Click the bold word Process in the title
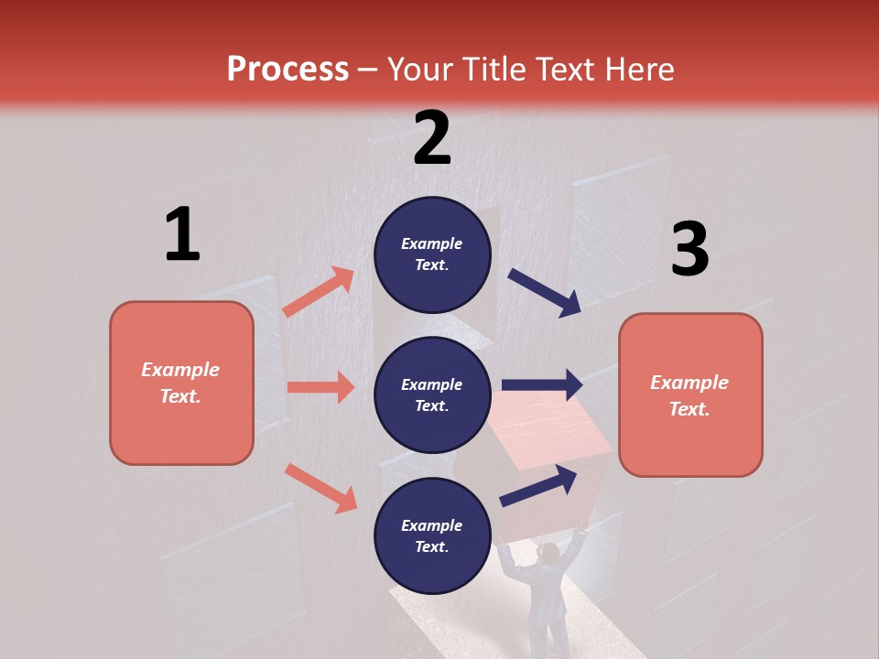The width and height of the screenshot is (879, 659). [x=288, y=69]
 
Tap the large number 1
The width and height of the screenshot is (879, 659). [x=182, y=234]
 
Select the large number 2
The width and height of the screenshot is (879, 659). [x=432, y=138]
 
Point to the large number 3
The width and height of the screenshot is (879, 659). [x=689, y=249]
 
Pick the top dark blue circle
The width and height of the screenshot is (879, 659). [x=432, y=254]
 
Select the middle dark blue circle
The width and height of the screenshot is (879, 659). [x=432, y=394]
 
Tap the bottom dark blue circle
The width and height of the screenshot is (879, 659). [x=432, y=535]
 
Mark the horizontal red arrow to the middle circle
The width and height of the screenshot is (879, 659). [x=320, y=387]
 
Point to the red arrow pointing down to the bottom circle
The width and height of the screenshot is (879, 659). [x=320, y=487]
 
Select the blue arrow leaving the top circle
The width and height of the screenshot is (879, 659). [x=545, y=293]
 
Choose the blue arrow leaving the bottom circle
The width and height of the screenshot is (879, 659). [x=538, y=485]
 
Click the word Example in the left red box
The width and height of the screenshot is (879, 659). [x=180, y=370]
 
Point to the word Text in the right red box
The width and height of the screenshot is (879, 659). [x=689, y=409]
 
